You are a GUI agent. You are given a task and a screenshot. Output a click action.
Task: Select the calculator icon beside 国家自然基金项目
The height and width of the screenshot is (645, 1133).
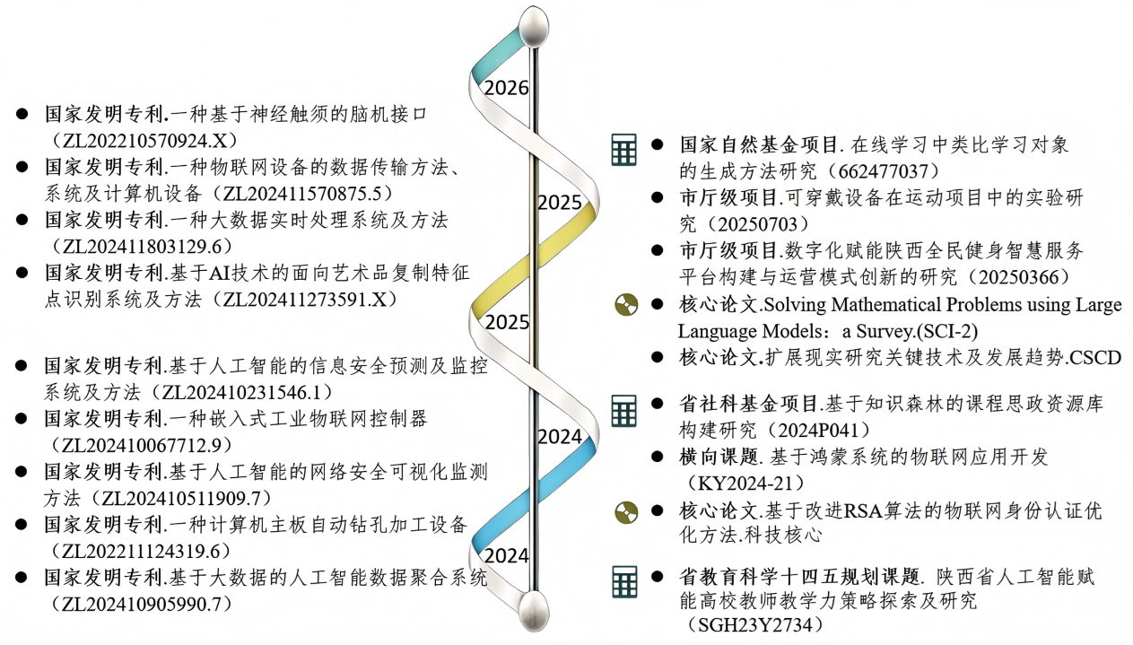(623, 150)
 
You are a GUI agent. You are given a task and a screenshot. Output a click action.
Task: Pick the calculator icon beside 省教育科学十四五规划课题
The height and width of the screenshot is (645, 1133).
(623, 581)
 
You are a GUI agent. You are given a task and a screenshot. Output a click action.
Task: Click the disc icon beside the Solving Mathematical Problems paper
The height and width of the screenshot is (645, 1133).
(626, 305)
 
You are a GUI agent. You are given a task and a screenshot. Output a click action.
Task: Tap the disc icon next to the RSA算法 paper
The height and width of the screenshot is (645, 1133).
(626, 512)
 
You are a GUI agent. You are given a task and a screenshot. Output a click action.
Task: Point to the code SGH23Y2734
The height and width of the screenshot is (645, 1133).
(754, 624)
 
